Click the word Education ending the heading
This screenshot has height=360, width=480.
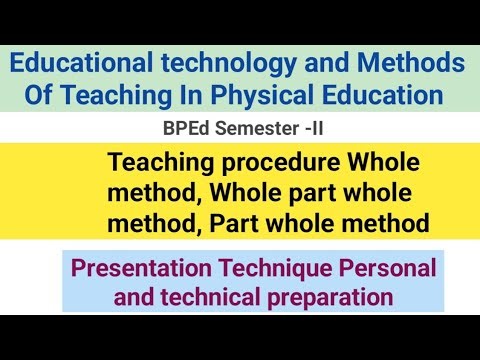point(392,96)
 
